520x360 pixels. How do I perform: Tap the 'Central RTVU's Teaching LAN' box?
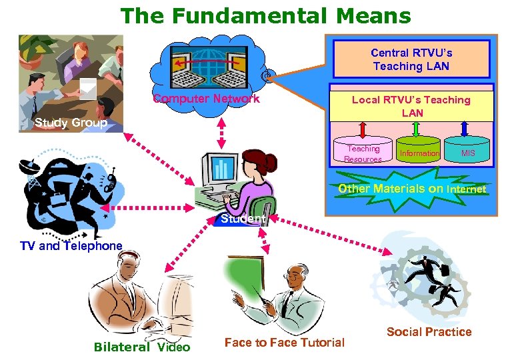(x=411, y=59)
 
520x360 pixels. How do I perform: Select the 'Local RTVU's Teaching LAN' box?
(x=411, y=106)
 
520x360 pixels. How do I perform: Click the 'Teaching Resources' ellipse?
(x=363, y=154)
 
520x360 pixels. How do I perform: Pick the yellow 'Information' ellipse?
(x=419, y=153)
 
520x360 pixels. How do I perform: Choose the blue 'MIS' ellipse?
(x=468, y=153)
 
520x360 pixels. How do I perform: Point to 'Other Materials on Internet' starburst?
(x=411, y=189)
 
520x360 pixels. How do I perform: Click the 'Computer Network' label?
(x=206, y=99)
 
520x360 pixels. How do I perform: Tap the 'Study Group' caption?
(x=71, y=123)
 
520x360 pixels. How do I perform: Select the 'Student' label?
(x=243, y=219)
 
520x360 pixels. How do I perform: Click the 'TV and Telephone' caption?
(x=71, y=246)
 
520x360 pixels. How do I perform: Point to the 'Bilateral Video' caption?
(x=142, y=347)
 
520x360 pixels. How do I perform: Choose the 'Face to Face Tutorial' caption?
(x=285, y=343)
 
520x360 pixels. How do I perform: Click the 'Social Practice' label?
(x=429, y=332)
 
